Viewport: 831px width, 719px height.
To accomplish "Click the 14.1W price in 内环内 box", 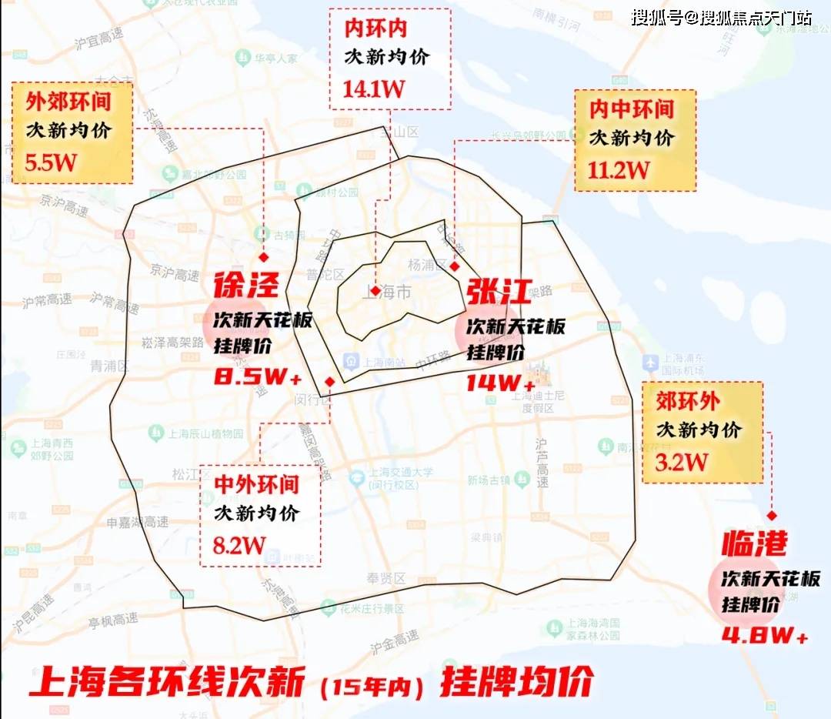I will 374,88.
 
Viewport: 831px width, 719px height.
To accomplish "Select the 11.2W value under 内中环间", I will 619,169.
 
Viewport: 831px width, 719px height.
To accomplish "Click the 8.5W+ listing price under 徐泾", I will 257,378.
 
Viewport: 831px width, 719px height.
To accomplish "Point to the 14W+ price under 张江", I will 500,382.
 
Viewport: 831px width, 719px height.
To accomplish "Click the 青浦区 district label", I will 107,366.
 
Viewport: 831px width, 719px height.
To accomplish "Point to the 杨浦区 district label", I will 427,265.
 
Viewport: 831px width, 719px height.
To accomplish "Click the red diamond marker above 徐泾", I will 263,257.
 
